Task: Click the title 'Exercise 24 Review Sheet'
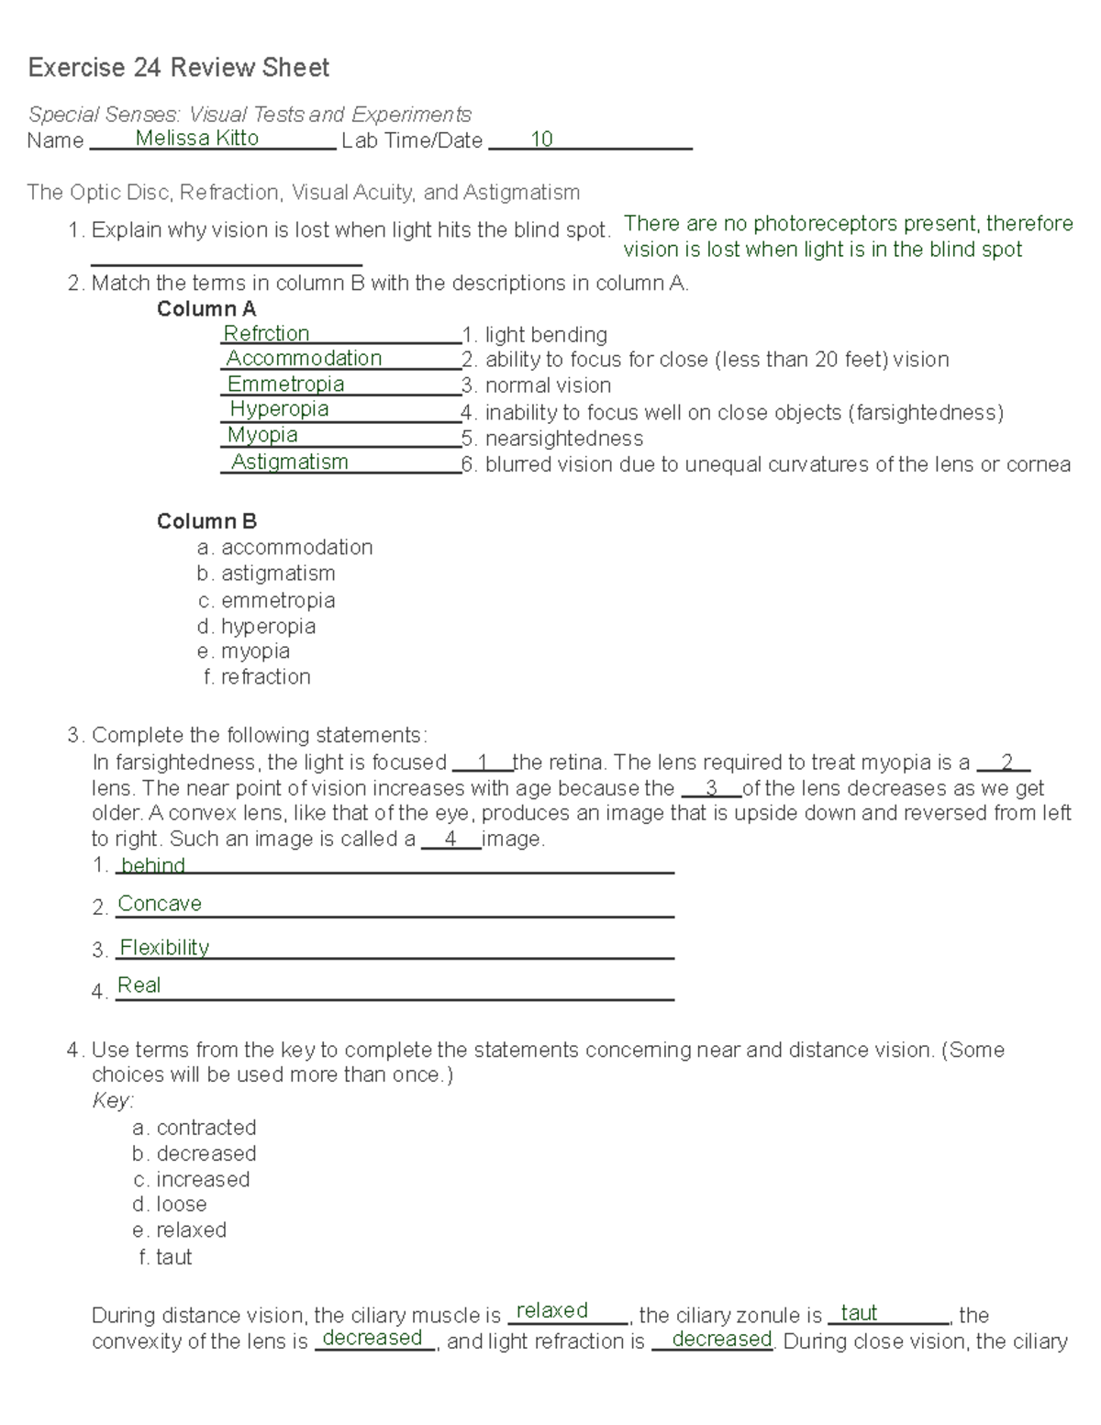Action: [178, 68]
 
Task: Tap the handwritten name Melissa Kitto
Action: [196, 139]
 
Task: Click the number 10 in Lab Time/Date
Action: [541, 139]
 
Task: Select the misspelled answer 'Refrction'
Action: [266, 333]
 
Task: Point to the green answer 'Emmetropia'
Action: [285, 384]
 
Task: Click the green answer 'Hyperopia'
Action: [279, 409]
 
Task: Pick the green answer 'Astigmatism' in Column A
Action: [289, 462]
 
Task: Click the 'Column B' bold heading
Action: [206, 521]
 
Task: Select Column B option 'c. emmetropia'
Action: [266, 600]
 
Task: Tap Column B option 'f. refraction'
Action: [257, 677]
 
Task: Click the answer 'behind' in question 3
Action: [152, 865]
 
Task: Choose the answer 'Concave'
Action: [160, 904]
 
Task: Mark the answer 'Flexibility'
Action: [164, 948]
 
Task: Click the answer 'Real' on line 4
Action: [139, 985]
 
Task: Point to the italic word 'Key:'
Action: [113, 1101]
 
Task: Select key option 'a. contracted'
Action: [194, 1128]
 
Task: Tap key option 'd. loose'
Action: [170, 1204]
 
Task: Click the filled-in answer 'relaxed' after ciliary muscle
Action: [551, 1310]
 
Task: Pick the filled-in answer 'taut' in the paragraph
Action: [859, 1313]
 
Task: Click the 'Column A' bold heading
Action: [206, 309]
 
